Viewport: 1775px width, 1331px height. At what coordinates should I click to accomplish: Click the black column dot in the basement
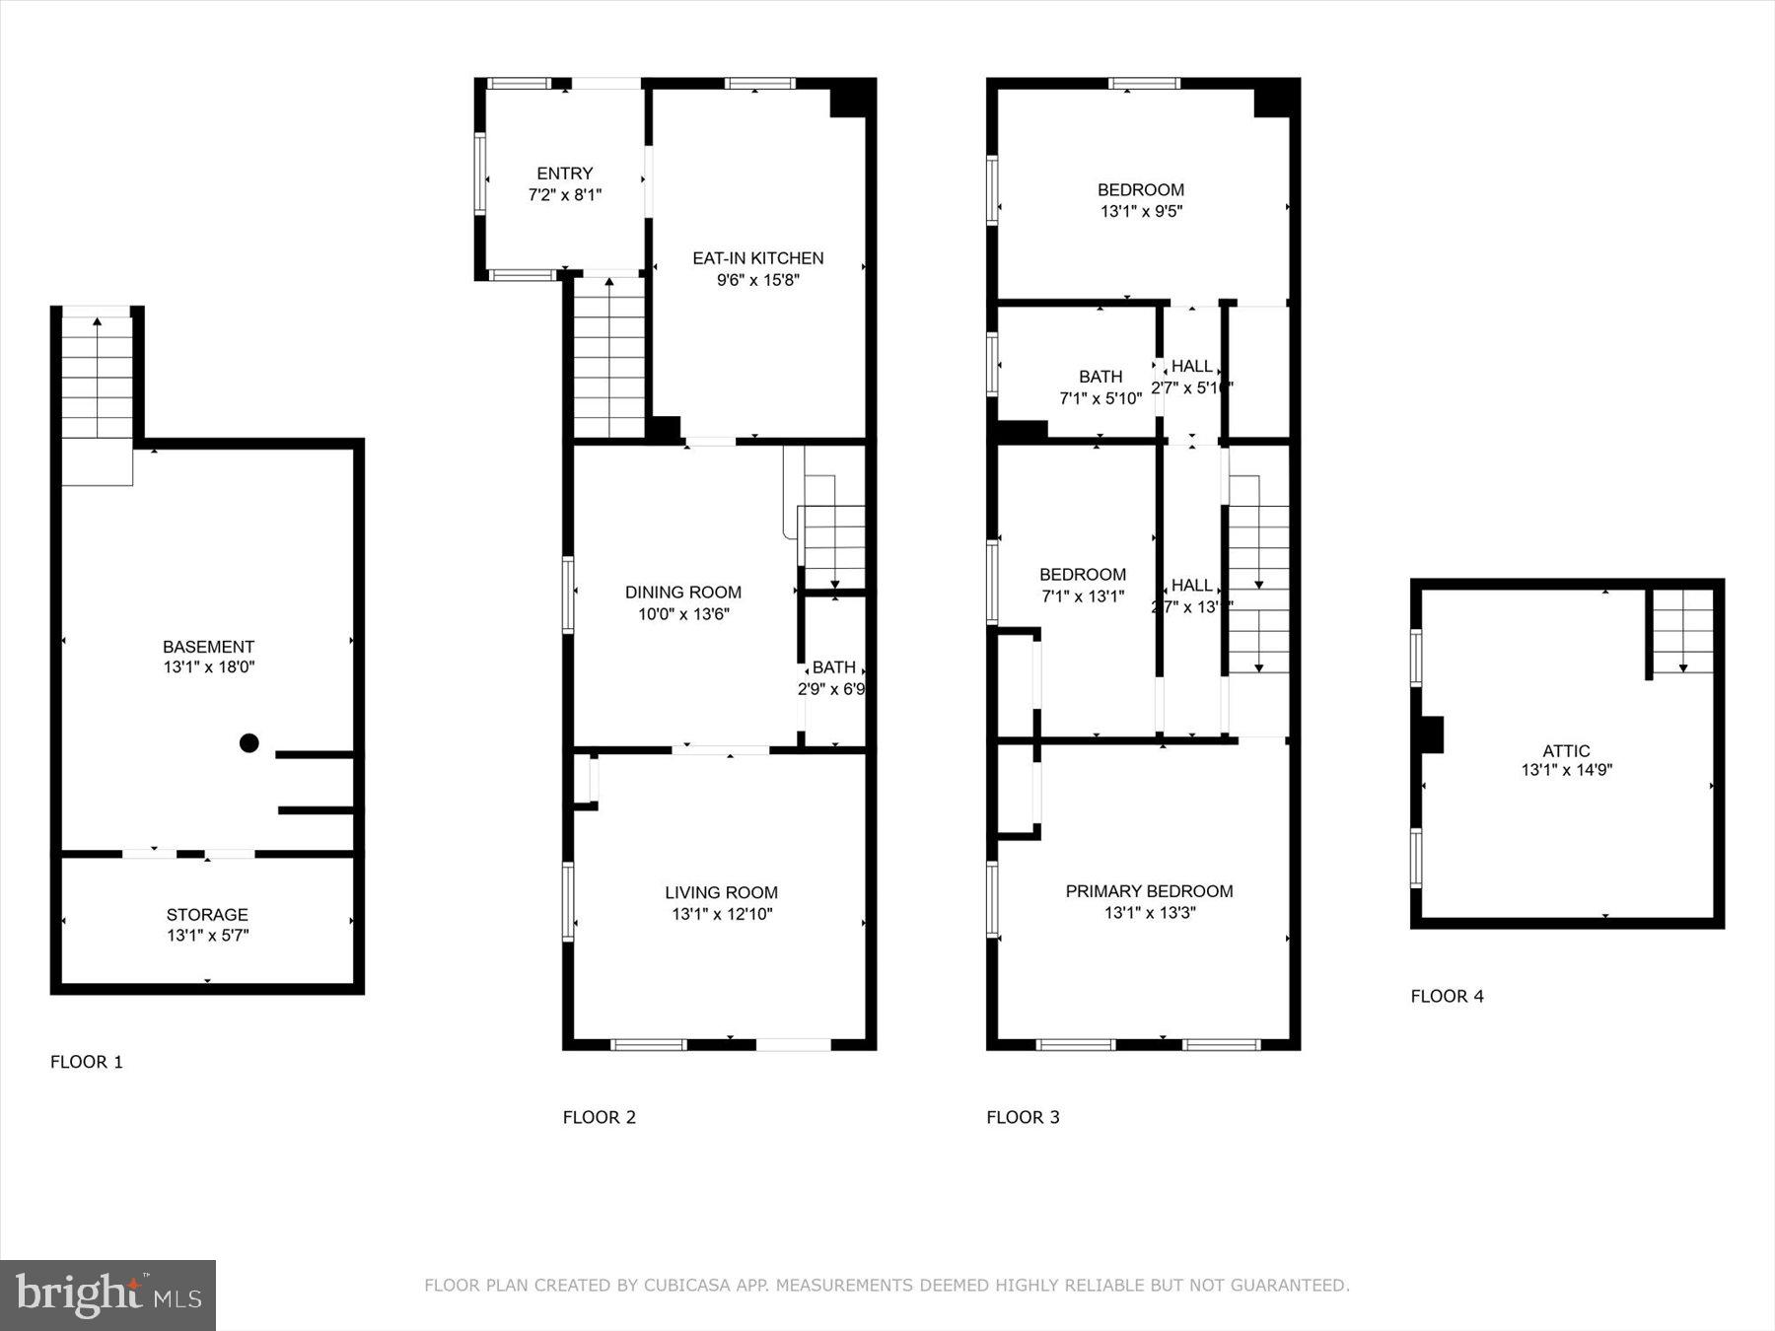[249, 743]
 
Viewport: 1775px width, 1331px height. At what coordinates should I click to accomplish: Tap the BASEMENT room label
[208, 647]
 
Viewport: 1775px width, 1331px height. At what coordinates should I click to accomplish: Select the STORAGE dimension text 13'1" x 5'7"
[207, 936]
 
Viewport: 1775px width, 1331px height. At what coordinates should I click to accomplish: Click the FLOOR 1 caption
[87, 1062]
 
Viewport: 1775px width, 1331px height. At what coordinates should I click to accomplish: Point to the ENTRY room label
[565, 174]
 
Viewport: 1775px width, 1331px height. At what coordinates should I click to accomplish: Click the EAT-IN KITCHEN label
[757, 258]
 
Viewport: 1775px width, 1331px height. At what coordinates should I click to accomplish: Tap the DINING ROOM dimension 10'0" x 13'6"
[682, 614]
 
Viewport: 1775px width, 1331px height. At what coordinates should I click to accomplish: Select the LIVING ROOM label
[721, 892]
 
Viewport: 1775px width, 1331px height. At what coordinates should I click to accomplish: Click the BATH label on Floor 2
[833, 667]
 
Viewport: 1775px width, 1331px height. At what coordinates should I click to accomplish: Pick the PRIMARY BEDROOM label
[1149, 891]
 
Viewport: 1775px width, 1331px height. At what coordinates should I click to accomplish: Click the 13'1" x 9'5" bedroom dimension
[1141, 211]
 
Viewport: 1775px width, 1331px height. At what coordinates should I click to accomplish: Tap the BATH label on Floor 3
[1100, 377]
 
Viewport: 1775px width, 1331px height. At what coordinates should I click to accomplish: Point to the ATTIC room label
[1566, 750]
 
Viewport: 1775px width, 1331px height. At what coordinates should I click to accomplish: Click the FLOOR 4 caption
[1447, 996]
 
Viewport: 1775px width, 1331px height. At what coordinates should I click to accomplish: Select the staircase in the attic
[1682, 631]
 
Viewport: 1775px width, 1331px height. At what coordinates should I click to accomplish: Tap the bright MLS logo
[107, 1295]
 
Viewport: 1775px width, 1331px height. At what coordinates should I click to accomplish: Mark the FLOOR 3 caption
[1023, 1117]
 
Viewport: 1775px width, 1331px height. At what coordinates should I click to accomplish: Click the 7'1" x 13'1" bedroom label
[1082, 596]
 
